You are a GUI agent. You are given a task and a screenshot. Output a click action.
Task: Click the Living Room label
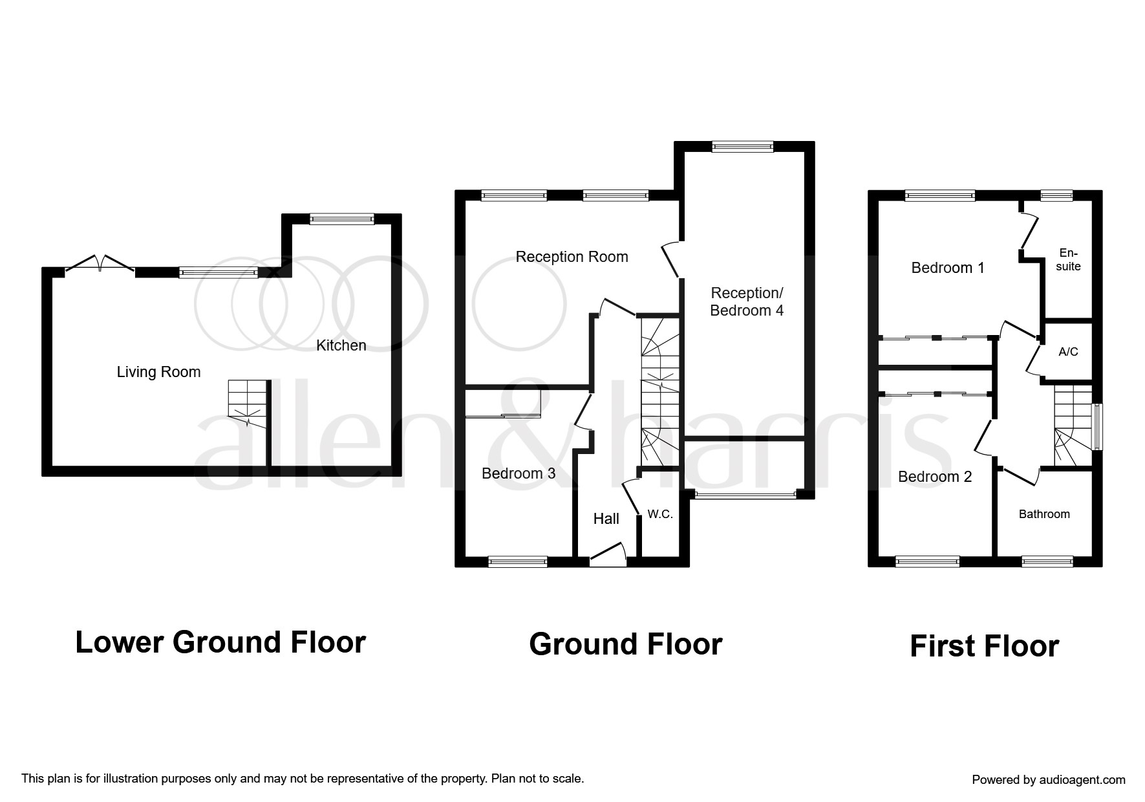[158, 372]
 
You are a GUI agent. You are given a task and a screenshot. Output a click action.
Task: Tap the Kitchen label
[341, 345]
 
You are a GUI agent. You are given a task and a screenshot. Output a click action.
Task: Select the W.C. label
[660, 515]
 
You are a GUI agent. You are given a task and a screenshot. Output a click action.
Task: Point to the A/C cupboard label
[1068, 352]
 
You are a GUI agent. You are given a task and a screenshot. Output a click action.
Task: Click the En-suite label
[1069, 259]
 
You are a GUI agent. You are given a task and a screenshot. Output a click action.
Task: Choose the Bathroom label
[1044, 514]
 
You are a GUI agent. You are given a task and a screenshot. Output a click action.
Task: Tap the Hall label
[606, 519]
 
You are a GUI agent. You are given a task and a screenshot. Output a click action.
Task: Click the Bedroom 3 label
[519, 473]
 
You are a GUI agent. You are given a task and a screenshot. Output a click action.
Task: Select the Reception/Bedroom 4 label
[747, 302]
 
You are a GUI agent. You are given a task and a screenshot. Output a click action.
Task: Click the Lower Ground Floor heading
[220, 642]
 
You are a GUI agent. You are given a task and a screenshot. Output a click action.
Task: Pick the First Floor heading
[984, 646]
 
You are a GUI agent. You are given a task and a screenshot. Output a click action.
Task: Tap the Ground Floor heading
[625, 644]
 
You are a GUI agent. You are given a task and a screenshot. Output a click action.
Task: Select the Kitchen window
[341, 219]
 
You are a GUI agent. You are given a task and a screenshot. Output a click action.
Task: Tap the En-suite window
[1056, 195]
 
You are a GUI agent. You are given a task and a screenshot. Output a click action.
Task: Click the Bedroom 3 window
[518, 561]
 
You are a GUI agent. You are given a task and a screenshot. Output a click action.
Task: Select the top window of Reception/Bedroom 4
[742, 147]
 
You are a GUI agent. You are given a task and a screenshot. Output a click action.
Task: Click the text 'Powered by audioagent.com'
[1049, 780]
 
